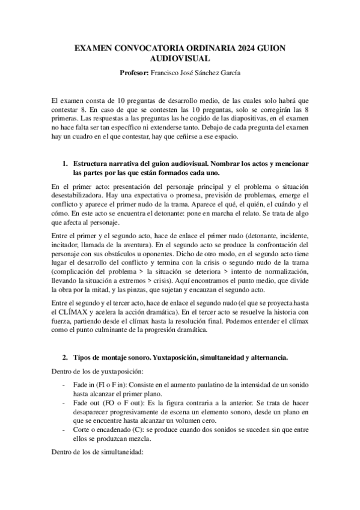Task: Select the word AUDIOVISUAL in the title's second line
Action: [180, 58]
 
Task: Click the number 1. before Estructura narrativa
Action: [66, 164]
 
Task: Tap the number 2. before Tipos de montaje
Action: [66, 357]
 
